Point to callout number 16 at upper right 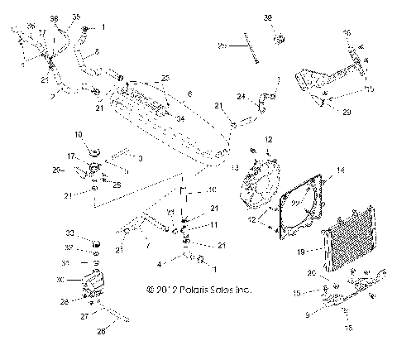tap(347, 31)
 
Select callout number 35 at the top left tap(76, 16)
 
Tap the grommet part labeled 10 tap(95, 151)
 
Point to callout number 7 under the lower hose tap(146, 246)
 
